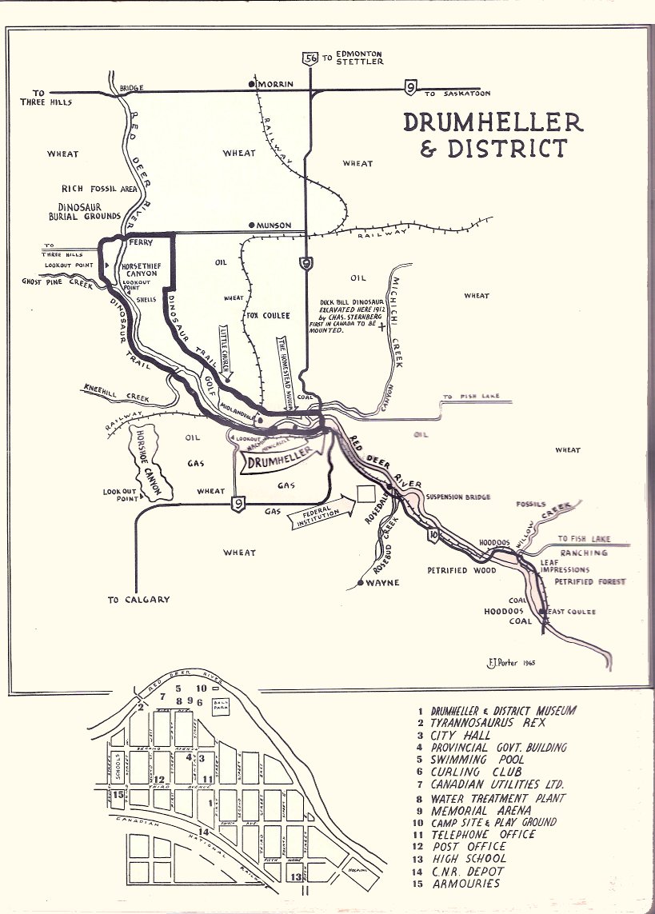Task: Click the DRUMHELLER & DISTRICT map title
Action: click(x=493, y=135)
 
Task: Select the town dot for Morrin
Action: click(x=252, y=83)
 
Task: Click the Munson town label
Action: click(x=274, y=226)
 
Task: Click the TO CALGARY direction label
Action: click(x=139, y=600)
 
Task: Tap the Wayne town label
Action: click(x=382, y=583)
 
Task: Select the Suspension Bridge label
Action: click(x=457, y=497)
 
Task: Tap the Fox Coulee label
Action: click(x=267, y=315)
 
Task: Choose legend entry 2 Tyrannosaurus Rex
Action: click(x=481, y=722)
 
